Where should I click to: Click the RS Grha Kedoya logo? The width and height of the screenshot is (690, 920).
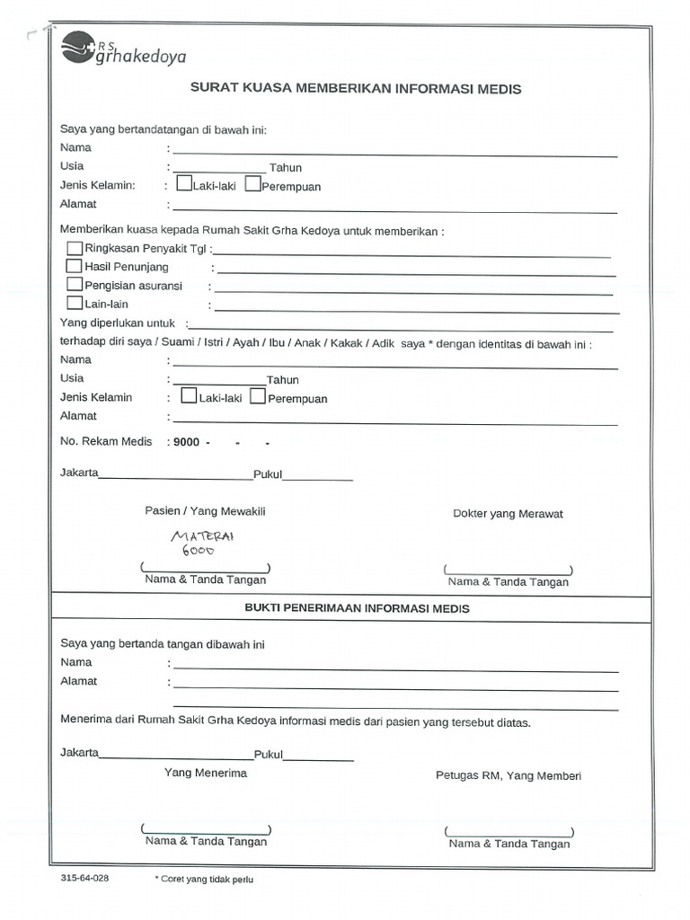[x=123, y=49]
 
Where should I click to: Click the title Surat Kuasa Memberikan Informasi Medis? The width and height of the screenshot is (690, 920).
[x=356, y=89]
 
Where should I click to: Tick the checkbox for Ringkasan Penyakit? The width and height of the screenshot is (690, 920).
[x=75, y=248]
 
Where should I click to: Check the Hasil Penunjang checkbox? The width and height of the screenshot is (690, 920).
[x=75, y=266]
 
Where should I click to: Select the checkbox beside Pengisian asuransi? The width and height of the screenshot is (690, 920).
[x=75, y=285]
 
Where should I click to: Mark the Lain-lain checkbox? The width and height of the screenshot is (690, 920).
[x=75, y=303]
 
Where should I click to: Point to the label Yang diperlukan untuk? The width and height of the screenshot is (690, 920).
[x=117, y=323]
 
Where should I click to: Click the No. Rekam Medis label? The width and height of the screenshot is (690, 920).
[x=106, y=442]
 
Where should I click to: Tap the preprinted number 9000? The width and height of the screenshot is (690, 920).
[x=186, y=443]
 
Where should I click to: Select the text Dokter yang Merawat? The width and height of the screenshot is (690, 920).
[x=508, y=514]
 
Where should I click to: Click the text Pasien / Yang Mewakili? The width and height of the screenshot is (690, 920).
[x=205, y=511]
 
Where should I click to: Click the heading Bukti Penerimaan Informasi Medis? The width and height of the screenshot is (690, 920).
[x=357, y=608]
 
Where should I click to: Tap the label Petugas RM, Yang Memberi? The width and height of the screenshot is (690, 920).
[x=508, y=775]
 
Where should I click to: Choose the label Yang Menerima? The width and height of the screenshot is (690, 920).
[x=205, y=773]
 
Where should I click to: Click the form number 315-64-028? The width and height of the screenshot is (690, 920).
[x=84, y=879]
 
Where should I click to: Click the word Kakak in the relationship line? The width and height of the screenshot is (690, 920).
[x=347, y=343]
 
